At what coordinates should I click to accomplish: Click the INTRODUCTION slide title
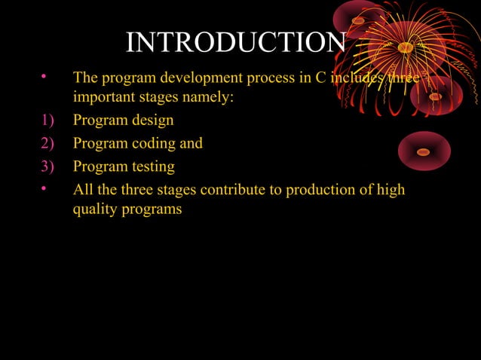tap(235, 43)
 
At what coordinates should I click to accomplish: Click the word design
tap(153, 120)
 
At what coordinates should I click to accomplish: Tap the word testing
tap(154, 166)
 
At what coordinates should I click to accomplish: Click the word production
tap(317, 189)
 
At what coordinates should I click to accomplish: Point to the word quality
tap(94, 209)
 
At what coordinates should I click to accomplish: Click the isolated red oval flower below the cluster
tap(424, 151)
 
